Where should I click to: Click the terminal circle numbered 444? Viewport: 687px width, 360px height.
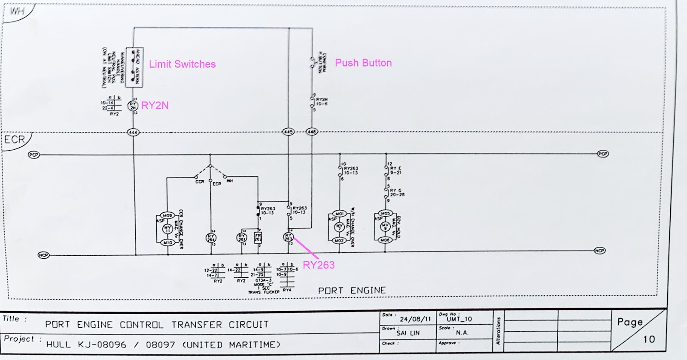(x=133, y=132)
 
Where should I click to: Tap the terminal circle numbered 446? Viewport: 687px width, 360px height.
(x=312, y=131)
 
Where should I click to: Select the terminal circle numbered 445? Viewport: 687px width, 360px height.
(x=289, y=131)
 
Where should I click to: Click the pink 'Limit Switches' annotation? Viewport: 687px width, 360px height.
(x=182, y=64)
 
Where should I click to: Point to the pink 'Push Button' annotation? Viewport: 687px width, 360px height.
(x=363, y=63)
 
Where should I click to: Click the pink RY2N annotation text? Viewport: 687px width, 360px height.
(x=155, y=106)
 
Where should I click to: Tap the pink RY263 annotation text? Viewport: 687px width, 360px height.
(x=318, y=265)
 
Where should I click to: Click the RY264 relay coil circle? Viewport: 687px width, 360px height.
(x=211, y=237)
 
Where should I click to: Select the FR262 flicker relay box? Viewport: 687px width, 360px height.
(x=258, y=237)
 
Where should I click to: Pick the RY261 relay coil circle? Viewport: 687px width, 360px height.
(x=242, y=237)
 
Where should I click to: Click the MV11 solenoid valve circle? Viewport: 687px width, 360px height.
(x=167, y=229)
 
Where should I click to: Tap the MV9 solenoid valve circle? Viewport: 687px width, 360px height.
(x=385, y=227)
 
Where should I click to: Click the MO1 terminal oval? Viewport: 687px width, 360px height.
(x=339, y=213)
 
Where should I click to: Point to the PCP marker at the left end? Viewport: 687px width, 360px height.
(x=33, y=154)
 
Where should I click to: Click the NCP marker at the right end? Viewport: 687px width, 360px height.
(x=599, y=251)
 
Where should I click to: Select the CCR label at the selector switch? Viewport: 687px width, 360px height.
(x=200, y=182)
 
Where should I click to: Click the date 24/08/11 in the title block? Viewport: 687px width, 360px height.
(x=415, y=319)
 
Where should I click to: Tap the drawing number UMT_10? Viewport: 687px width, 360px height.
(x=459, y=319)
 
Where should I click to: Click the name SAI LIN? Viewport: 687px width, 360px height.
(x=408, y=333)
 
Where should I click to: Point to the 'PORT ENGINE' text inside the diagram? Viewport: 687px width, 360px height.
(x=352, y=290)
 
